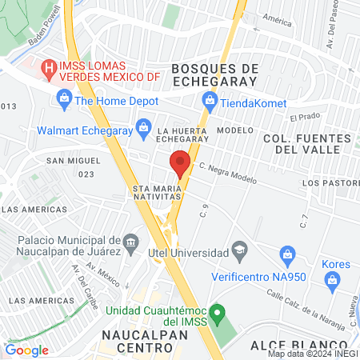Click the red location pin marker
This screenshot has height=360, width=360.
(180, 162)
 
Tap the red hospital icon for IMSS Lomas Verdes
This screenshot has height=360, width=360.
(50, 69)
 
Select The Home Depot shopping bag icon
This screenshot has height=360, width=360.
(63, 99)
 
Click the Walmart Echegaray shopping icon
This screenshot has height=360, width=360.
(143, 126)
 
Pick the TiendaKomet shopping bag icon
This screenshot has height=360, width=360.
(210, 100)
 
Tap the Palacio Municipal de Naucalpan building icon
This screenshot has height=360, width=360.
(132, 241)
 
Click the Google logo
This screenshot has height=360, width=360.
(27, 350)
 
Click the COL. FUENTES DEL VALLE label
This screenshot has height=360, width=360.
(306, 144)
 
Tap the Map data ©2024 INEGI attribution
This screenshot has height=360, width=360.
(313, 353)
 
